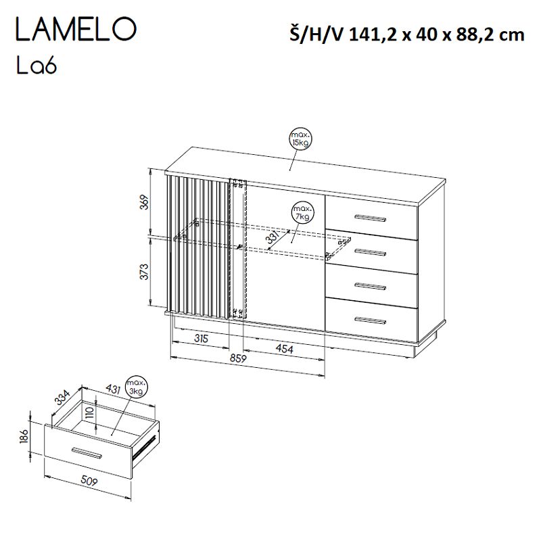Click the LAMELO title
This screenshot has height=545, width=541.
(76, 31)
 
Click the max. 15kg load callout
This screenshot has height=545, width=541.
(298, 138)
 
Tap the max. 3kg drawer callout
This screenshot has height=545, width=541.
(138, 386)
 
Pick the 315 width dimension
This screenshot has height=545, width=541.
(199, 337)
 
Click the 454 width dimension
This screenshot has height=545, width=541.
(284, 348)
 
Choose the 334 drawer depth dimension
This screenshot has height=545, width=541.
(63, 396)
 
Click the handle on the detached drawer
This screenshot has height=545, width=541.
(88, 452)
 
